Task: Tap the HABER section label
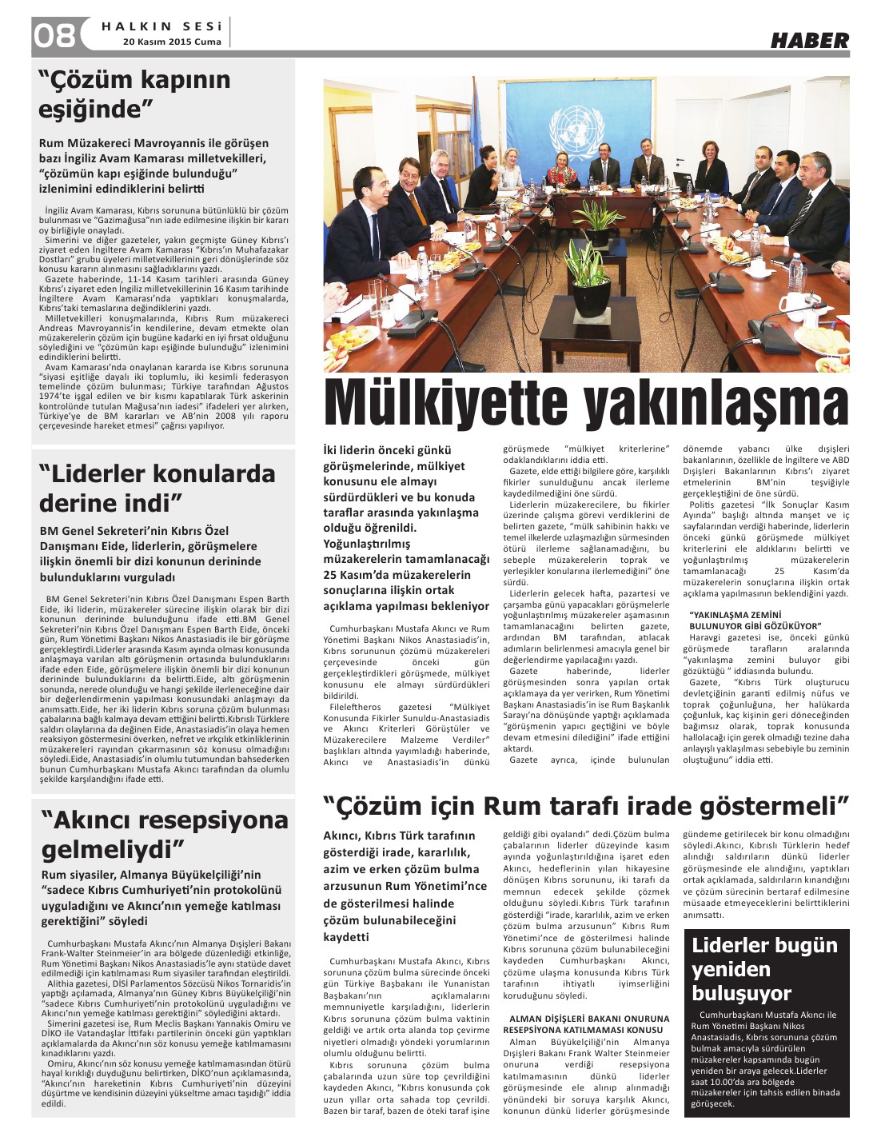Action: (809, 40)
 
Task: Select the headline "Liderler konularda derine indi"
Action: (157, 488)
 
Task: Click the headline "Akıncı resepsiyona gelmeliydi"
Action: (164, 833)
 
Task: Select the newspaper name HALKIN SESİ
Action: (161, 26)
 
